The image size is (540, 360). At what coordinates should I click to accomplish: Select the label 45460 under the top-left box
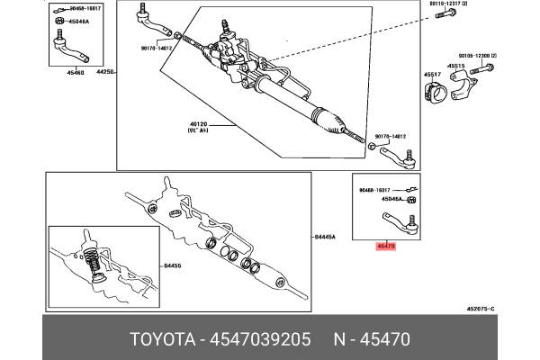point(63,72)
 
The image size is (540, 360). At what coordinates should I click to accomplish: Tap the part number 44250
point(105,72)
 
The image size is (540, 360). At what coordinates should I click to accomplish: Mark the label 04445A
point(326,237)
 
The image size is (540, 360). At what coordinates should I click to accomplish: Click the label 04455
point(173,265)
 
